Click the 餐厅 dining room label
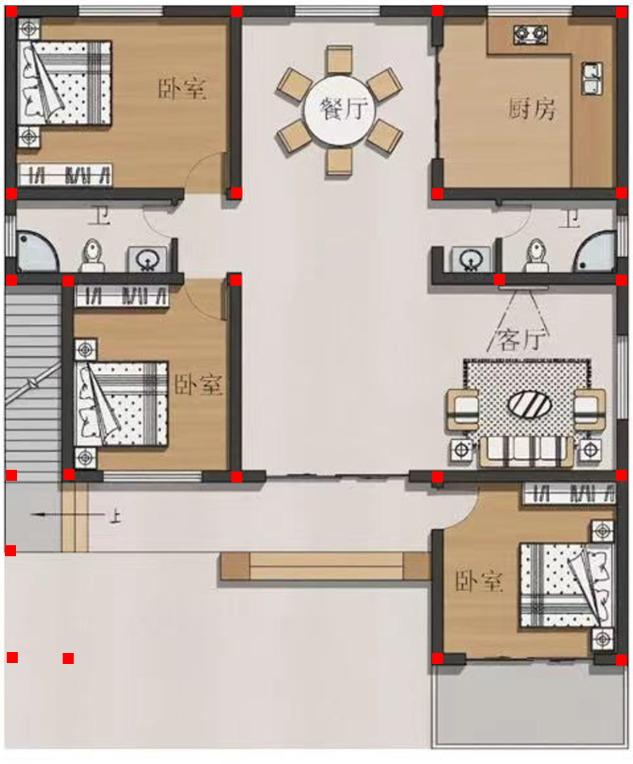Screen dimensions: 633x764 click(x=343, y=109)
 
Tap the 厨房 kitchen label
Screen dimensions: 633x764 click(x=531, y=109)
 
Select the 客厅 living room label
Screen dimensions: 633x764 click(x=520, y=340)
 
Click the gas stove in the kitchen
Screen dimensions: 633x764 click(x=530, y=34)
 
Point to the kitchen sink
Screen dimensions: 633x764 click(x=591, y=79)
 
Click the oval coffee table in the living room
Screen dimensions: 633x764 click(x=530, y=405)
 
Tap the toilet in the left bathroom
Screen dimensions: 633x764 click(x=92, y=255)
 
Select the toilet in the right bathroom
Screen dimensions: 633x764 click(x=536, y=255)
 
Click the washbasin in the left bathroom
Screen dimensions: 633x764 click(x=147, y=259)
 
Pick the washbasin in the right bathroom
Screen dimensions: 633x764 click(x=470, y=259)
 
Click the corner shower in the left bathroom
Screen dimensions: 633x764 click(x=37, y=252)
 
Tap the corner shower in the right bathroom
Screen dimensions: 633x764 click(x=595, y=252)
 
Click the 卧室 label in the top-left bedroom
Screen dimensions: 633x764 click(x=181, y=88)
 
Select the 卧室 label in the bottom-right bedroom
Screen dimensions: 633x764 click(x=478, y=581)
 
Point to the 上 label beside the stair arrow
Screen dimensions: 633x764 click(x=115, y=516)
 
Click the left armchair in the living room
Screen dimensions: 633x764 click(x=464, y=410)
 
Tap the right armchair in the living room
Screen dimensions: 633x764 click(x=589, y=410)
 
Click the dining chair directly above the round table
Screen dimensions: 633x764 click(x=339, y=60)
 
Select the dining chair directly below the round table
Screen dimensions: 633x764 click(x=339, y=161)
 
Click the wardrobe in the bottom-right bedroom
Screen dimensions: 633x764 click(x=569, y=494)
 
